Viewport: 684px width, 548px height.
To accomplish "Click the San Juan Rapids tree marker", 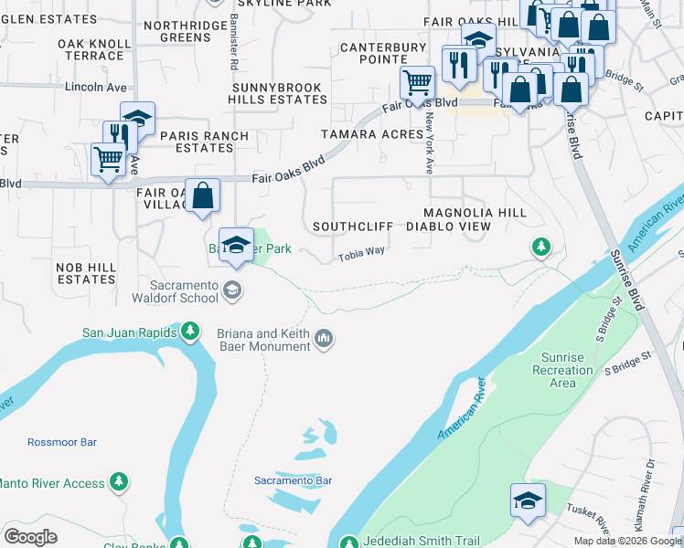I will click(x=190, y=331).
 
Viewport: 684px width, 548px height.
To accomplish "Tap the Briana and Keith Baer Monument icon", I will click(x=324, y=341).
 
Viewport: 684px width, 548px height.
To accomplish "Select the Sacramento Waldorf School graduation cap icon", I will click(x=232, y=290).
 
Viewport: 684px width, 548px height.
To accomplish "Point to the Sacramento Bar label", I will click(x=293, y=480).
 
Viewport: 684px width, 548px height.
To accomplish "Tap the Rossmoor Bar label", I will click(x=62, y=442).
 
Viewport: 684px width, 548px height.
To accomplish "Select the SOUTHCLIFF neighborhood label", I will click(x=353, y=226).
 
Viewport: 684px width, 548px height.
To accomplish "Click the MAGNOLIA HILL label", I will click(x=487, y=212).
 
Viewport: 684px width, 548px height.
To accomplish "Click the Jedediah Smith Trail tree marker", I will click(x=348, y=543).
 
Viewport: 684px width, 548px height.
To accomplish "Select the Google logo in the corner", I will click(x=30, y=537).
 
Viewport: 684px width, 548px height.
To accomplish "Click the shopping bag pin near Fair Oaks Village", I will click(x=202, y=195).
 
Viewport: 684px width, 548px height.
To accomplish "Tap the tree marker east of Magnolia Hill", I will click(x=541, y=247).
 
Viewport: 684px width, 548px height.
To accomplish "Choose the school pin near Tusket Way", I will click(x=528, y=500).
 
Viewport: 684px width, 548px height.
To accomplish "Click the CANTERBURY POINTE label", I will click(x=383, y=53).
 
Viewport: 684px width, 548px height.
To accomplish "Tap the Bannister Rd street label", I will click(x=233, y=49).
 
